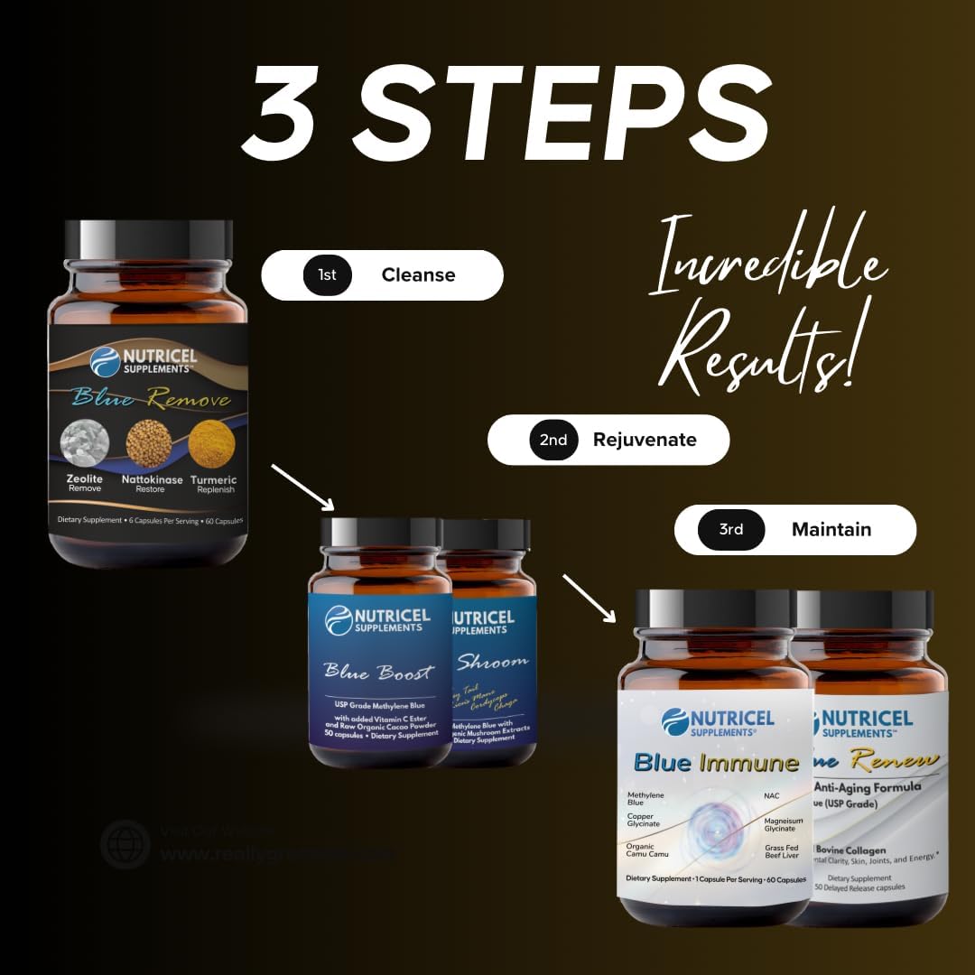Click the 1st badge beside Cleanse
coord(327,274)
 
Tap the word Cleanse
coord(418,274)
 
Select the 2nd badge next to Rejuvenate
coord(553,440)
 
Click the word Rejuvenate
coord(645,440)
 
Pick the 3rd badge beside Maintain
coord(731,529)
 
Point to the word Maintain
coord(831,529)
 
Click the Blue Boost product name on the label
coord(379,673)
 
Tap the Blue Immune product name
coord(716,763)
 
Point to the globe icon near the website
coord(125,844)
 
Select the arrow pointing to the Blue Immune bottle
coord(590,599)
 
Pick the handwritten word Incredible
coord(767,262)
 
